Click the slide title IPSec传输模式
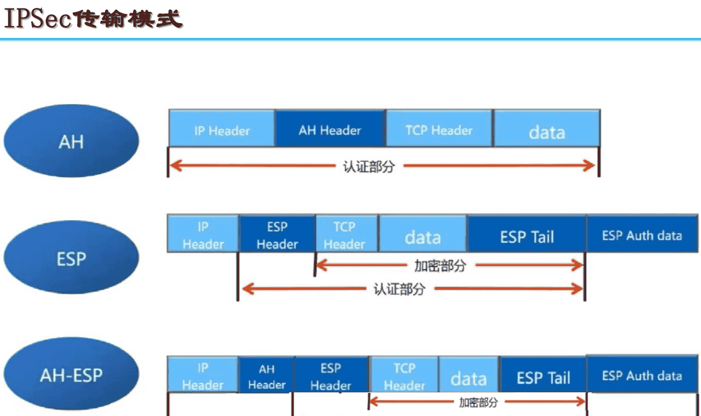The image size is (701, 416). coord(94,19)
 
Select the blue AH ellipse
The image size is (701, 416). coord(71,141)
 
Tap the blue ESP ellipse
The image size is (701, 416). coord(71,258)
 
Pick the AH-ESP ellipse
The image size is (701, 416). coord(71,375)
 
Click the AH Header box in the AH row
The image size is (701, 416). coord(330,130)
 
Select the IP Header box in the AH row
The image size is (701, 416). coord(221,130)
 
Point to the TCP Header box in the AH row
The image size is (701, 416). coord(439,130)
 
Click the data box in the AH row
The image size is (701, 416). coord(546,131)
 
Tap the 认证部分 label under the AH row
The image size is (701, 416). coord(369,167)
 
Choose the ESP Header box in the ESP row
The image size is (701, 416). coord(277,235)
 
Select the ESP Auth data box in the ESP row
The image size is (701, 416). coord(642,236)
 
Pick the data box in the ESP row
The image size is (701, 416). coord(423,237)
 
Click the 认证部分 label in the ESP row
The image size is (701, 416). coord(399,290)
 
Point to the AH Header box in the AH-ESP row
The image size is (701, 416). coord(267,377)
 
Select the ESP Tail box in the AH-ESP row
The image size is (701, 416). coord(543,377)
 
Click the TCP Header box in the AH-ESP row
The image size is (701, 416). coord(404,377)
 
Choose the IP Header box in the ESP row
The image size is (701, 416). coord(203,235)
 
